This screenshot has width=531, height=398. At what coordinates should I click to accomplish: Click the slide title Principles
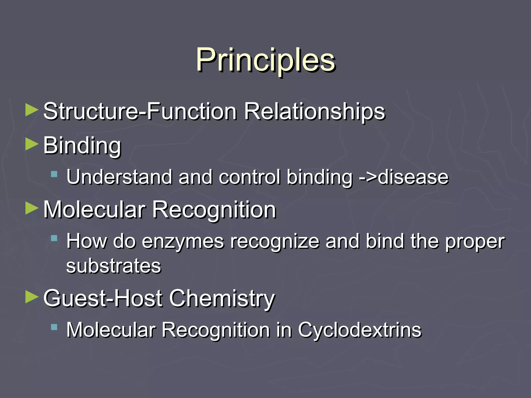(265, 60)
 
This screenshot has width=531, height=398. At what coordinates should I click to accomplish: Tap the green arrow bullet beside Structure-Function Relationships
(32, 110)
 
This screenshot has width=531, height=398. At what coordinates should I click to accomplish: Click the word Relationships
(315, 111)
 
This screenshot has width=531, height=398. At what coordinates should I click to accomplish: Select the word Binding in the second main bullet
(82, 146)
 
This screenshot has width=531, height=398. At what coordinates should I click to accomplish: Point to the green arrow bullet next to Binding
(32, 144)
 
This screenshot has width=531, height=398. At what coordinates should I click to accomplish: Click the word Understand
(119, 177)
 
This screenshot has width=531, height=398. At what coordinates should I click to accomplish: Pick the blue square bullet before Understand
(54, 174)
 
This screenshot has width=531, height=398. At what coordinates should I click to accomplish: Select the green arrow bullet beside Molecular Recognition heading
(32, 208)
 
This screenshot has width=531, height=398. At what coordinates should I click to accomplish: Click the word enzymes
(183, 241)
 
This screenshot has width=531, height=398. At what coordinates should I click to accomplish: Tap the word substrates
(114, 266)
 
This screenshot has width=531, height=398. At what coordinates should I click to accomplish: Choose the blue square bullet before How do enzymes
(54, 238)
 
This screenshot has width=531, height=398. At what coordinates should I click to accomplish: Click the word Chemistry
(222, 298)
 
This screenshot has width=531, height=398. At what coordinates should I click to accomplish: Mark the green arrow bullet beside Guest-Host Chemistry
(32, 297)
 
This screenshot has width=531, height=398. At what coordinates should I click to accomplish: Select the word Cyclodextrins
(360, 330)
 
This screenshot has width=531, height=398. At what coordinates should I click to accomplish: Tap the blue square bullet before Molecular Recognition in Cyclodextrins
(54, 327)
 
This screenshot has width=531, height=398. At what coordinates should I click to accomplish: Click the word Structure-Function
(140, 111)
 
